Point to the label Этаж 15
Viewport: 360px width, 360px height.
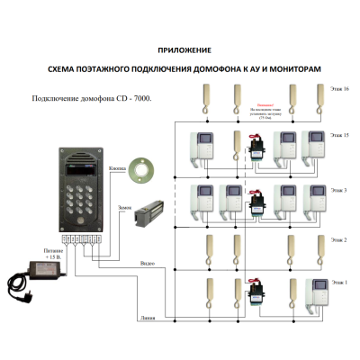click(340, 134)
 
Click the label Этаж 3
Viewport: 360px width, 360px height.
click(340, 192)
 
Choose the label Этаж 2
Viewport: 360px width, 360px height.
click(339, 240)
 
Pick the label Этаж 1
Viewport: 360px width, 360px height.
click(339, 283)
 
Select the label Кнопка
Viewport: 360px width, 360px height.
click(116, 167)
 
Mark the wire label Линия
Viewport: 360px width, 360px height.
click(148, 318)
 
